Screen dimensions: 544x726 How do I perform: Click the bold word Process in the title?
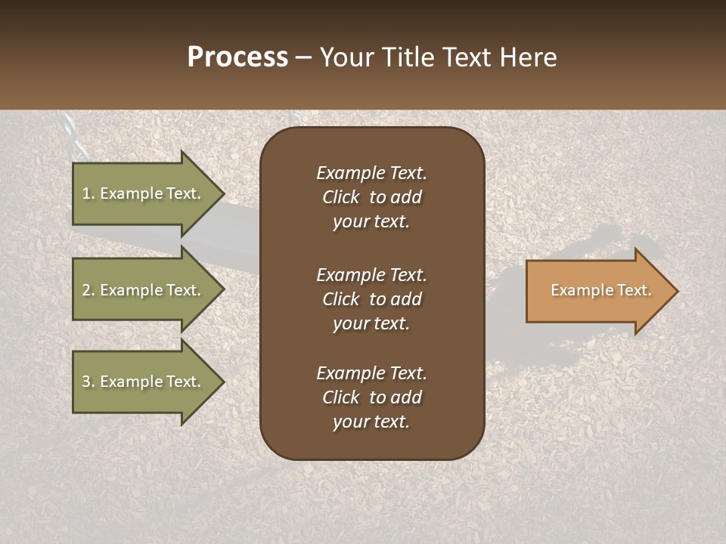point(237,57)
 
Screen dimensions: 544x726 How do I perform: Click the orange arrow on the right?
point(597,291)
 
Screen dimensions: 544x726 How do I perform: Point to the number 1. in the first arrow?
point(88,194)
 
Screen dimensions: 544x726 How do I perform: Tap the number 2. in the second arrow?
point(88,291)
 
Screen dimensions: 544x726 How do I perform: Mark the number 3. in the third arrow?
point(88,382)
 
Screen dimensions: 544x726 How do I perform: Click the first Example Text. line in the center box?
point(371,173)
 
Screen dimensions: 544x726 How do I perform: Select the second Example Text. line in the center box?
point(371,274)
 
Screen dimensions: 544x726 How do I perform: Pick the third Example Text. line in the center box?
point(371,373)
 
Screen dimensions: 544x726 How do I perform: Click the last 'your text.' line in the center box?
point(371,422)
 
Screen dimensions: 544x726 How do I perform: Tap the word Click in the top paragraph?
point(340,197)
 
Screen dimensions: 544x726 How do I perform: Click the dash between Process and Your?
point(303,58)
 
